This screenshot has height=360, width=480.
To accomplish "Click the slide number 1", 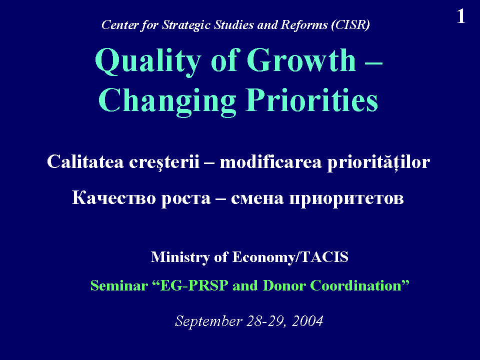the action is point(461,16).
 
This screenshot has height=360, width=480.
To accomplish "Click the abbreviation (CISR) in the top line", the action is point(350,25).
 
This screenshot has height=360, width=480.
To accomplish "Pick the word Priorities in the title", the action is point(312,100).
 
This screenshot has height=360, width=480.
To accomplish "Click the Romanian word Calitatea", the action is point(85,161).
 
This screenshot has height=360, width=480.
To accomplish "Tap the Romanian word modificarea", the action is point(270,161).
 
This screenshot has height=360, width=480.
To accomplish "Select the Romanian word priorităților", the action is point(378,162).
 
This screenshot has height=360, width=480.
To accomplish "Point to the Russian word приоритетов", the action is point(346,199).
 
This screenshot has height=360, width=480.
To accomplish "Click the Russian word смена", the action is point(257,198).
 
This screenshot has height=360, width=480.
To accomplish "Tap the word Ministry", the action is point(180,257).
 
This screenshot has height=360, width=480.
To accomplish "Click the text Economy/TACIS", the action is point(290,257).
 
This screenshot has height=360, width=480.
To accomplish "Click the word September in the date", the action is point(208,321).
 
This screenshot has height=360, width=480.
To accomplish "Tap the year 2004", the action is point(307,321).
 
